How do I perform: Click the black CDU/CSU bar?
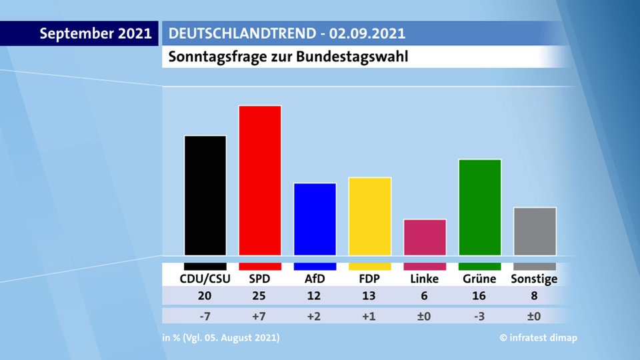[205, 195]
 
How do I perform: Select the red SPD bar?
[260, 180]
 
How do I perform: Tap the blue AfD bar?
[315, 219]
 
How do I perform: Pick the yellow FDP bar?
[370, 215]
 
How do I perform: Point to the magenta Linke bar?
[425, 237]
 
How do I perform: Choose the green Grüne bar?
[480, 207]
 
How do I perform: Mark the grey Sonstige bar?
[535, 231]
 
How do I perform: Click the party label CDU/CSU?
[205, 279]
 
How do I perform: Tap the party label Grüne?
[480, 279]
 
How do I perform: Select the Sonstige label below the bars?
[534, 279]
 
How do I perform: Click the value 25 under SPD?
[259, 296]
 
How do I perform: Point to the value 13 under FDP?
[369, 296]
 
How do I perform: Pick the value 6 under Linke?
[425, 296]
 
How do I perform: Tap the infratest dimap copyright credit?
[539, 338]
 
